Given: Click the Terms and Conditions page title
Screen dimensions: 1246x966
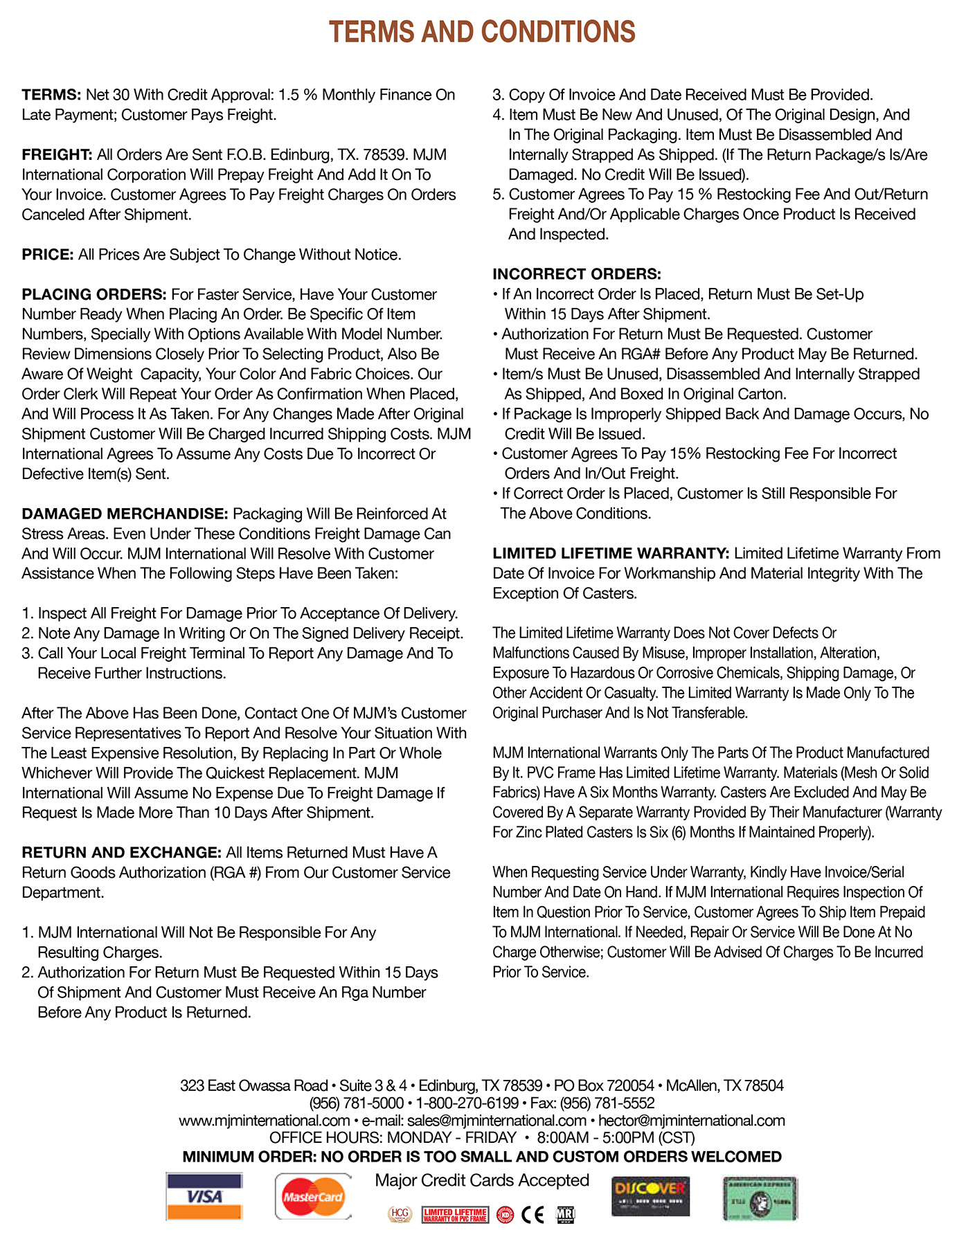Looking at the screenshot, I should point(482,33).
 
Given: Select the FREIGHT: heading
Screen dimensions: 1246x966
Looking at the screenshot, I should point(57,154).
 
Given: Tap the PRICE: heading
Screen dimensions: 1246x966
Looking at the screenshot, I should point(48,255).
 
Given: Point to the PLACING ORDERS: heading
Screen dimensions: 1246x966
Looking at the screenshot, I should point(94,295).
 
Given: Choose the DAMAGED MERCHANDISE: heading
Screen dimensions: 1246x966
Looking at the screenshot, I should point(125,514).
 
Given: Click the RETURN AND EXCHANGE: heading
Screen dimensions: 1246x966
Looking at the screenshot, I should point(121,853).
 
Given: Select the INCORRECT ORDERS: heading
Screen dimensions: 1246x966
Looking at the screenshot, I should point(577,274).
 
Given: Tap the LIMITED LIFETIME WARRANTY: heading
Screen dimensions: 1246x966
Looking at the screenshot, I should point(611,554).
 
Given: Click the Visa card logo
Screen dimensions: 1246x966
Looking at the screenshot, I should point(204,1196).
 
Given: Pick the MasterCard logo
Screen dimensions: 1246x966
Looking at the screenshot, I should point(313,1196).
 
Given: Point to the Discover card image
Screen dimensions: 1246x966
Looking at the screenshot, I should point(650,1196).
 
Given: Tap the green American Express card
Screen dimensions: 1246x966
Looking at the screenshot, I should point(760,1198).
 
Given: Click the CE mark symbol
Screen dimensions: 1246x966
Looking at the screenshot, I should point(533,1215).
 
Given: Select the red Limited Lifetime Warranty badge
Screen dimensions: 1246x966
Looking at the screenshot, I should point(455,1215).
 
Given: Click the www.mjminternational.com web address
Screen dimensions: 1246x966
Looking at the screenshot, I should point(264,1121).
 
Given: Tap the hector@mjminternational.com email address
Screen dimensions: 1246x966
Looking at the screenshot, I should point(692,1121).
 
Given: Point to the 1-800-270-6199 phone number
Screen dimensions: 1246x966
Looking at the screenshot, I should point(467,1103).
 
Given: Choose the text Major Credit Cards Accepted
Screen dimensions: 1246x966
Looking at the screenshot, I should point(482,1180).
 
